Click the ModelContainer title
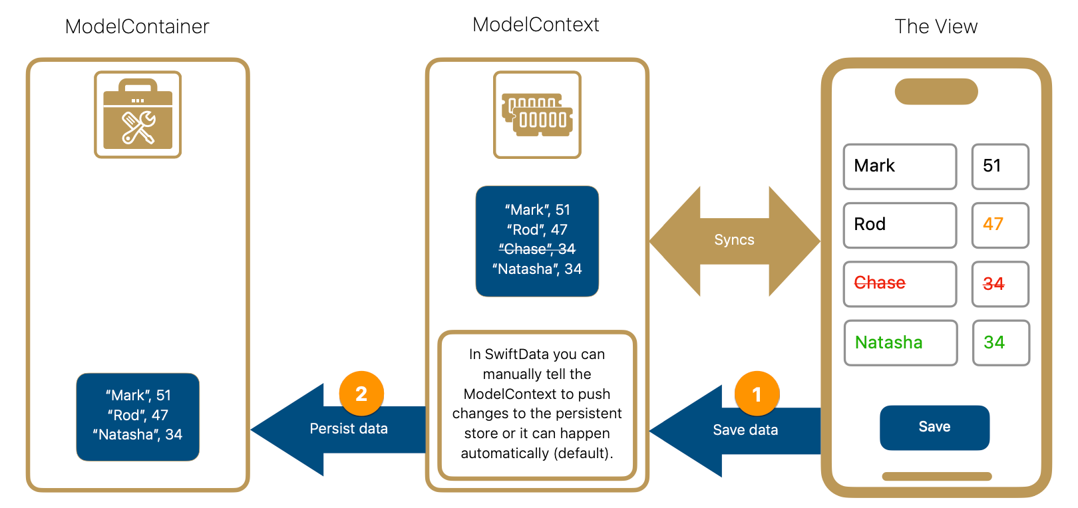(137, 27)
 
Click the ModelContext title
(536, 25)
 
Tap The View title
(936, 27)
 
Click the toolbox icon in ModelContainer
(138, 114)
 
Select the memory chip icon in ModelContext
(537, 114)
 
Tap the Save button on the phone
(934, 428)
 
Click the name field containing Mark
(900, 166)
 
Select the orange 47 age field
(1000, 225)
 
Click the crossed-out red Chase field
(900, 284)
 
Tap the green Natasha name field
(900, 343)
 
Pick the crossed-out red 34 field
(1000, 284)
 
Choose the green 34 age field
(1001, 343)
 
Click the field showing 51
(1000, 166)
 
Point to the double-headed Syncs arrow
(734, 240)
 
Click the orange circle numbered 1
(757, 394)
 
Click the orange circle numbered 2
(361, 394)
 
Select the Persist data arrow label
(349, 429)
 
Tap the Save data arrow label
(745, 430)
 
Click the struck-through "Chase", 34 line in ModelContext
(537, 249)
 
